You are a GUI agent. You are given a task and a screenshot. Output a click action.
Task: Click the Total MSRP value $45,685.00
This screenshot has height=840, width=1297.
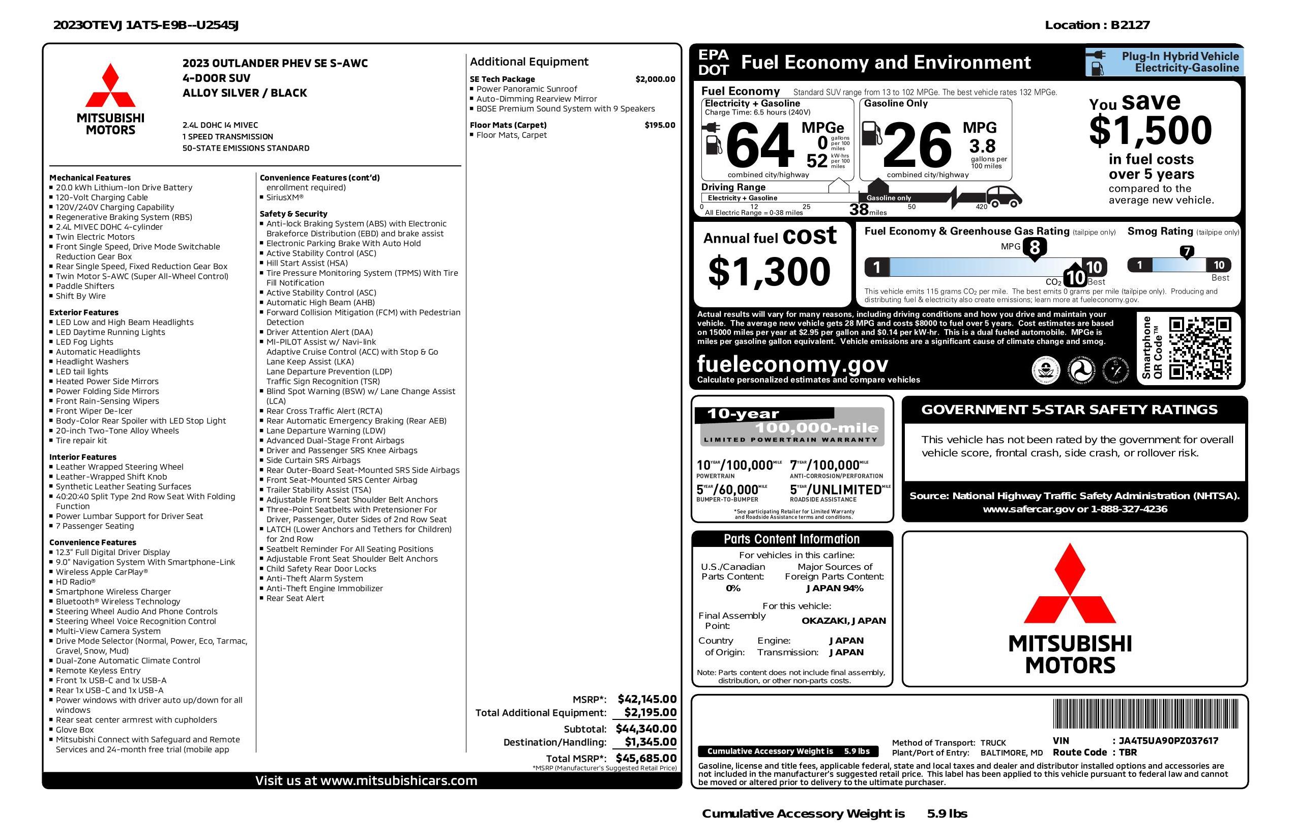tap(646, 758)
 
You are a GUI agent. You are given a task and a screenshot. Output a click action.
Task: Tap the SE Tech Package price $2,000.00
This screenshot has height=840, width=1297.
tap(655, 79)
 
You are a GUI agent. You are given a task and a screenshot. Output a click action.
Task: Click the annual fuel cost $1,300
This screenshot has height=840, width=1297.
tap(769, 272)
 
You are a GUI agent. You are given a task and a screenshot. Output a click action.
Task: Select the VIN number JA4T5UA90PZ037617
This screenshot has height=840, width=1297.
tap(1168, 740)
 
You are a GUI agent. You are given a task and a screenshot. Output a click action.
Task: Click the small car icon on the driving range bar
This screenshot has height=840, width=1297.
tap(1004, 197)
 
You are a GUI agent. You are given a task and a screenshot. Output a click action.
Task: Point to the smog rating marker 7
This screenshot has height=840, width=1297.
tap(1186, 252)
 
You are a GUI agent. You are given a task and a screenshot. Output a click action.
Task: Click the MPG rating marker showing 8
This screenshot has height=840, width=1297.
tap(1035, 247)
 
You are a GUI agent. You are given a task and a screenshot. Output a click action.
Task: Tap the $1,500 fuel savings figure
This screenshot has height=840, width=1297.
tap(1151, 130)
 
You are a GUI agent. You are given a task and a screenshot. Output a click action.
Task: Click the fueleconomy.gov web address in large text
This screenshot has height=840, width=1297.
tap(792, 364)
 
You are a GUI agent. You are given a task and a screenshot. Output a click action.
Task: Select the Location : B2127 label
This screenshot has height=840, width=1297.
tap(1097, 25)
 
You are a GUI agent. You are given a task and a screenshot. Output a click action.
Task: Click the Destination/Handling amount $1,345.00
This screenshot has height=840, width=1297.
tap(650, 742)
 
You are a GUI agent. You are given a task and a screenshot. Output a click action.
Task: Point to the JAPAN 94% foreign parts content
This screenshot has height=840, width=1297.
tap(834, 588)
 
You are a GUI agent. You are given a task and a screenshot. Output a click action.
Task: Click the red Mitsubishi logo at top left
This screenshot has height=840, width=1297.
tap(111, 85)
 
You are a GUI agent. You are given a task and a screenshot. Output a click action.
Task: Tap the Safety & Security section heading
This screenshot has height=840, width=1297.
tap(293, 214)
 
